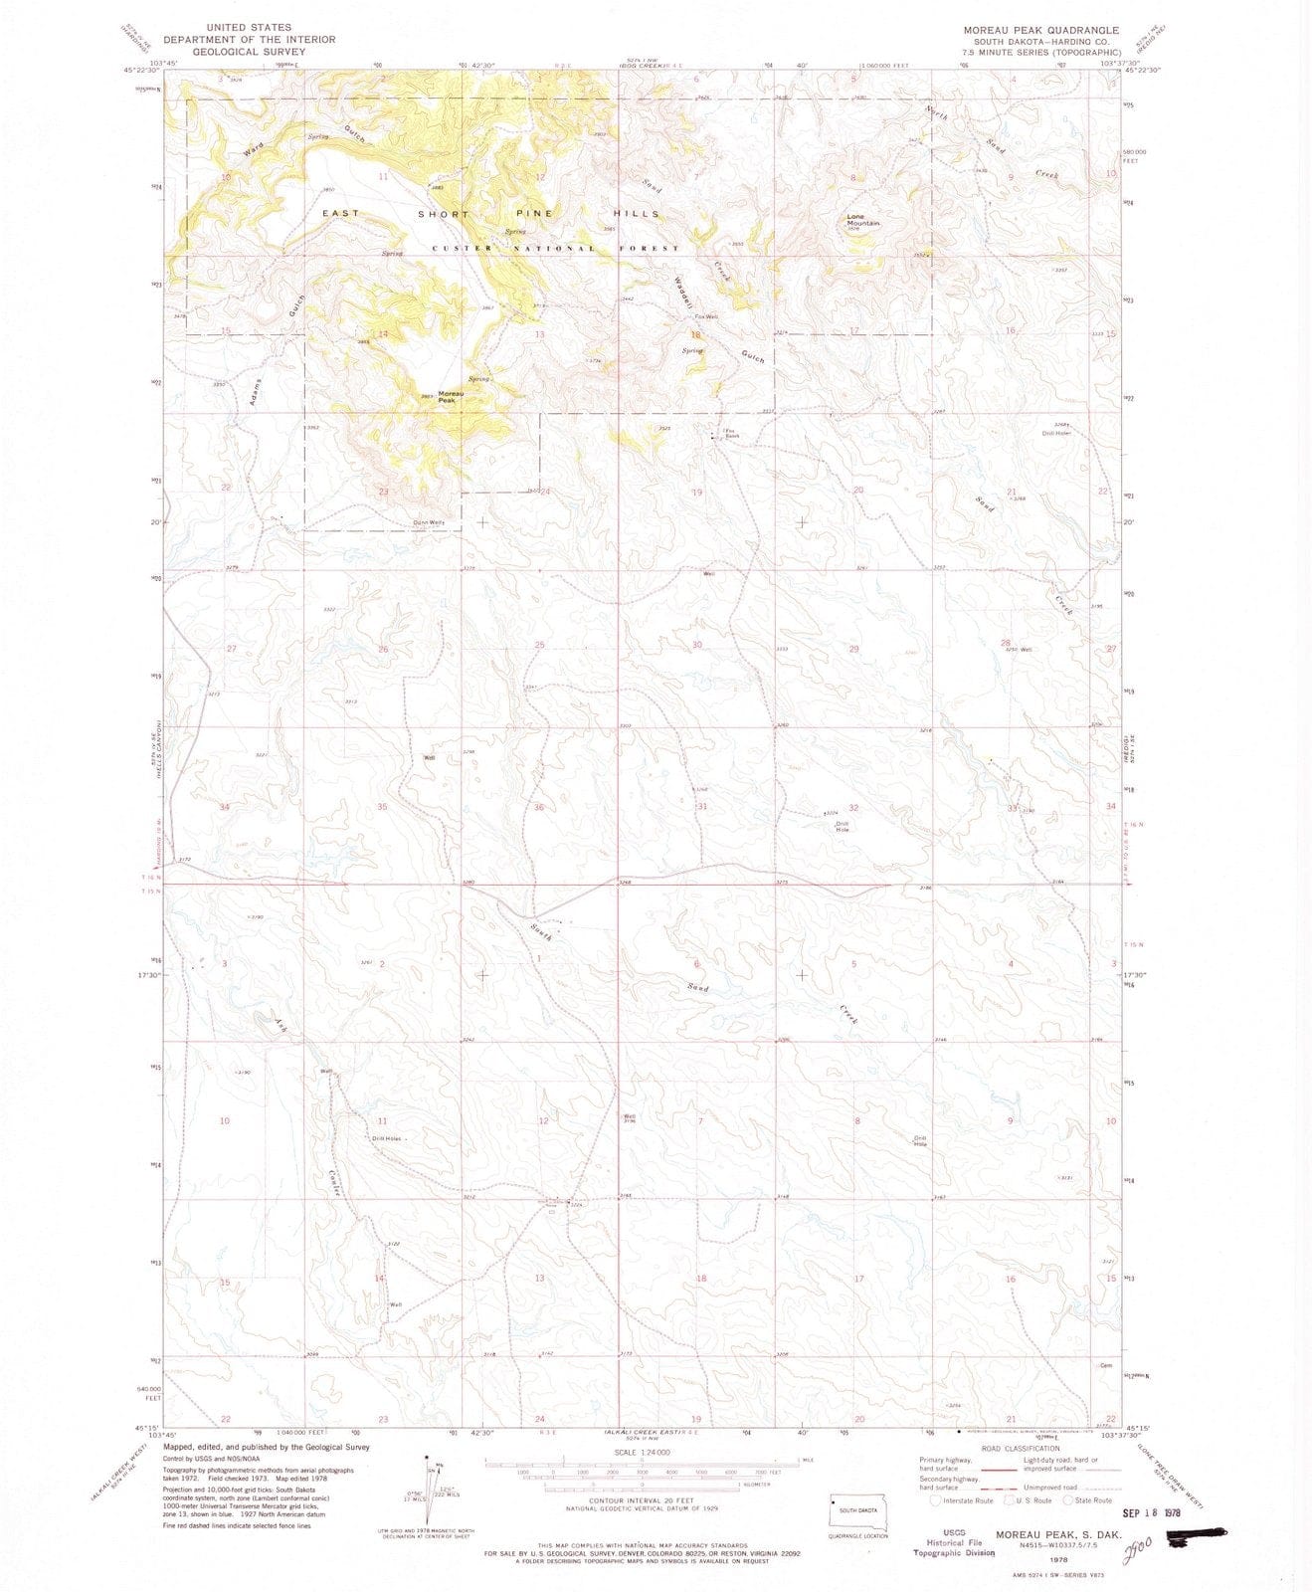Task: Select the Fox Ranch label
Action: click(x=732, y=434)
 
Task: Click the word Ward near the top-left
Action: click(x=252, y=152)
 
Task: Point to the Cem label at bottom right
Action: click(x=1105, y=1365)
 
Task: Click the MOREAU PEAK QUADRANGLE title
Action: click(x=1033, y=30)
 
